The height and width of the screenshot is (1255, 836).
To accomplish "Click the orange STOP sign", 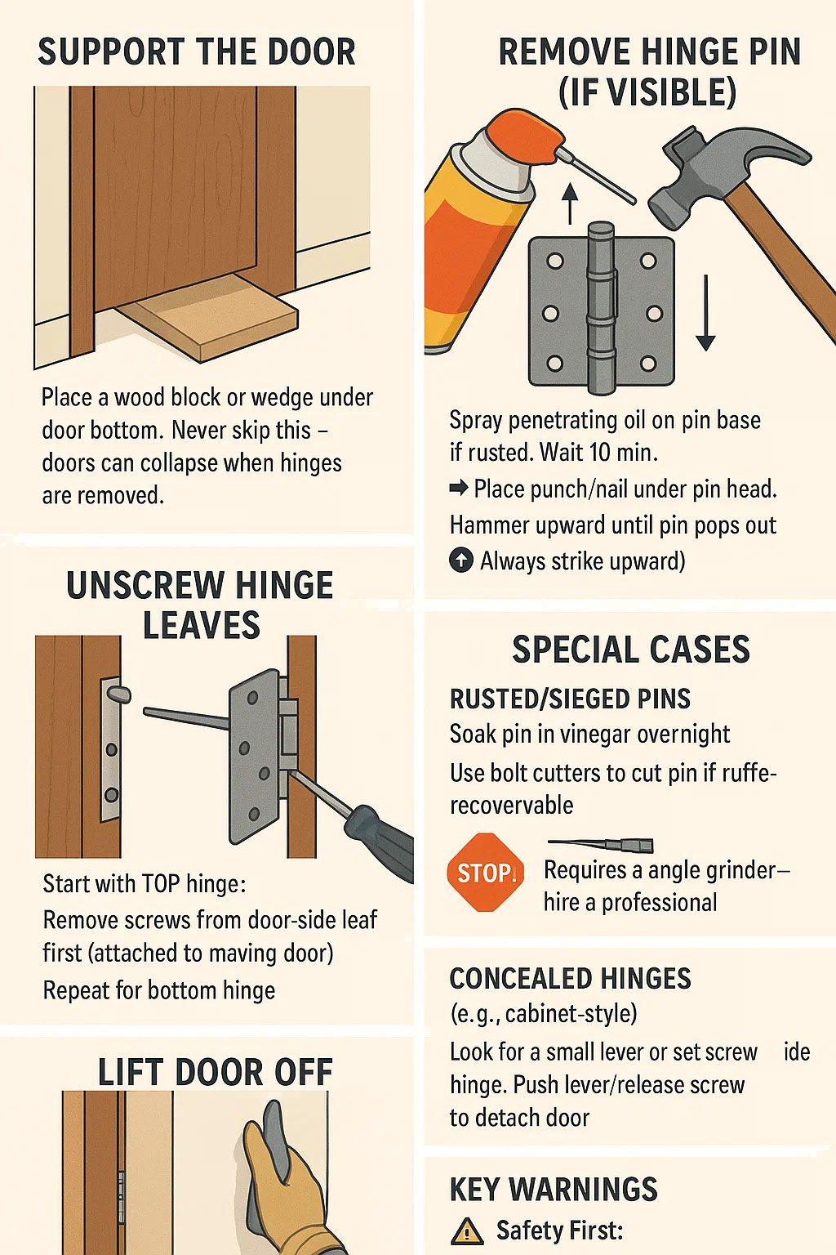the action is click(x=486, y=873).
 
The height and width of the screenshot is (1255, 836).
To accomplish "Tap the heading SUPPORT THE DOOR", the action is click(x=197, y=52).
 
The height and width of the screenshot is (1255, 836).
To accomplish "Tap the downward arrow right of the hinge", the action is click(x=705, y=313).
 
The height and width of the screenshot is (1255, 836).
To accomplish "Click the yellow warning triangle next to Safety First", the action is click(x=467, y=1231).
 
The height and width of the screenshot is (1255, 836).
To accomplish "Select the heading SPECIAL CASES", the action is click(x=631, y=650).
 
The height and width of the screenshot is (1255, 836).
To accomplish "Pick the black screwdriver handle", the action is click(x=380, y=841).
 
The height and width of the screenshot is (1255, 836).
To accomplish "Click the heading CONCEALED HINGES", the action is click(x=570, y=978).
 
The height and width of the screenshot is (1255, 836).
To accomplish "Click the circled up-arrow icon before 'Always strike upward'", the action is click(x=460, y=561).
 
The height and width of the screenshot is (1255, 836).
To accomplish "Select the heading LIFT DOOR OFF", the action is click(x=216, y=1072).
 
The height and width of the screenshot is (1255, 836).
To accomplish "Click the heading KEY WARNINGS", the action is click(x=554, y=1189).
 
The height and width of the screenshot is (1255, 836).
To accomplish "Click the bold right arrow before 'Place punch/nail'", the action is click(x=459, y=489).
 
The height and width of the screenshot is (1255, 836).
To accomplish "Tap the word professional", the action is click(x=659, y=903).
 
